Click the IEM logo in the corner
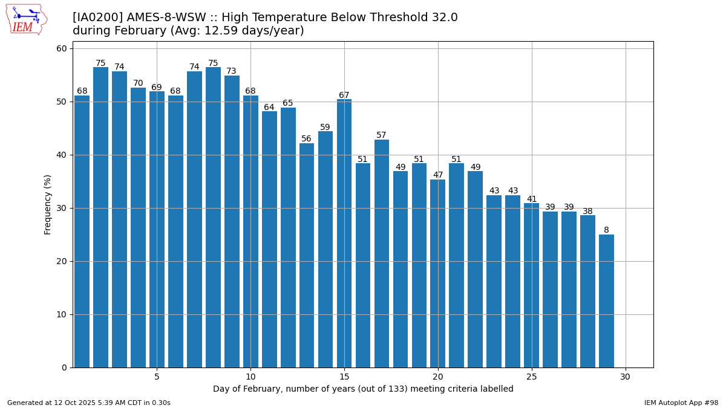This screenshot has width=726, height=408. click(26, 19)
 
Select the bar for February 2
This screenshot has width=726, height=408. click(100, 218)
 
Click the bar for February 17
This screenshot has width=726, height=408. click(382, 254)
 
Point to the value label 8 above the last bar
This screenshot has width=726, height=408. click(606, 230)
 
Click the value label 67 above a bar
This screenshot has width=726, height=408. click(344, 96)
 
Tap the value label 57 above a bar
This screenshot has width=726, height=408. click(382, 135)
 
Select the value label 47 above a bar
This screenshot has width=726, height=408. click(438, 175)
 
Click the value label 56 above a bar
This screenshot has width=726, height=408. click(307, 139)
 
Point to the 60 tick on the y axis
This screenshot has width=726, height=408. click(63, 48)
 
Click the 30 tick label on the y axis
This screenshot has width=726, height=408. click(63, 208)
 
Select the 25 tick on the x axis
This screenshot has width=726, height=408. click(532, 377)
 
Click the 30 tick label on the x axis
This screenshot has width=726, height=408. click(626, 377)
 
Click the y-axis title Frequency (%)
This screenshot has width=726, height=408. click(48, 204)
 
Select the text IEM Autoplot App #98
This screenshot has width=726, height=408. click(681, 403)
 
